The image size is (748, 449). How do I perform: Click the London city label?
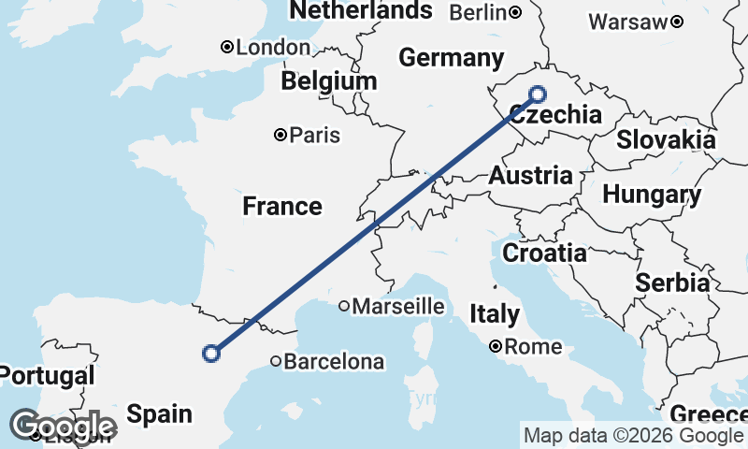(x=274, y=48)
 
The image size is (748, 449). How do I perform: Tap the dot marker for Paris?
(x=280, y=136)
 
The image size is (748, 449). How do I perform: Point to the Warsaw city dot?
(x=677, y=22)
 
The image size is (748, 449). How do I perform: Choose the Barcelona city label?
(x=334, y=361)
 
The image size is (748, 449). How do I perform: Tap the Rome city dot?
(x=496, y=347)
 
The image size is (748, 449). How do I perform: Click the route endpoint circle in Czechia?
(x=538, y=94)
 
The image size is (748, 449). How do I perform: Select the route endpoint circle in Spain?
(x=211, y=353)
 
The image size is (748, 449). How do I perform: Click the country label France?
(x=282, y=206)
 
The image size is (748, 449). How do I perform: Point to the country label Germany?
(x=451, y=58)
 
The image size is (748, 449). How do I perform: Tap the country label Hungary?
(x=652, y=195)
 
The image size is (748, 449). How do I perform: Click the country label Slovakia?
(x=666, y=140)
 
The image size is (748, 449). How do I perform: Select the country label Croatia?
(x=544, y=253)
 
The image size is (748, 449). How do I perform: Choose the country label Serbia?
(x=671, y=282)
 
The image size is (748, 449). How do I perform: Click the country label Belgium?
(x=329, y=81)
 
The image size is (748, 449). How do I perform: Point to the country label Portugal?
(x=47, y=376)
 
